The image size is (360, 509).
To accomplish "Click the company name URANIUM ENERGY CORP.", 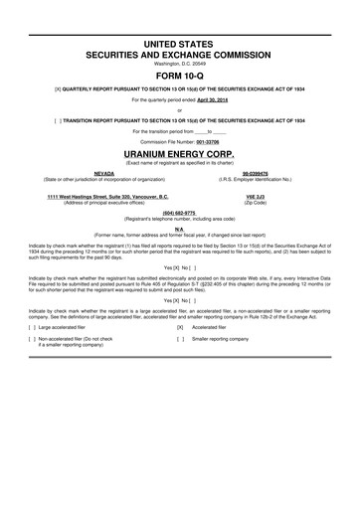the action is click(x=179, y=155).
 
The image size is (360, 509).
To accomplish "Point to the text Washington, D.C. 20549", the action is click(x=179, y=65).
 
